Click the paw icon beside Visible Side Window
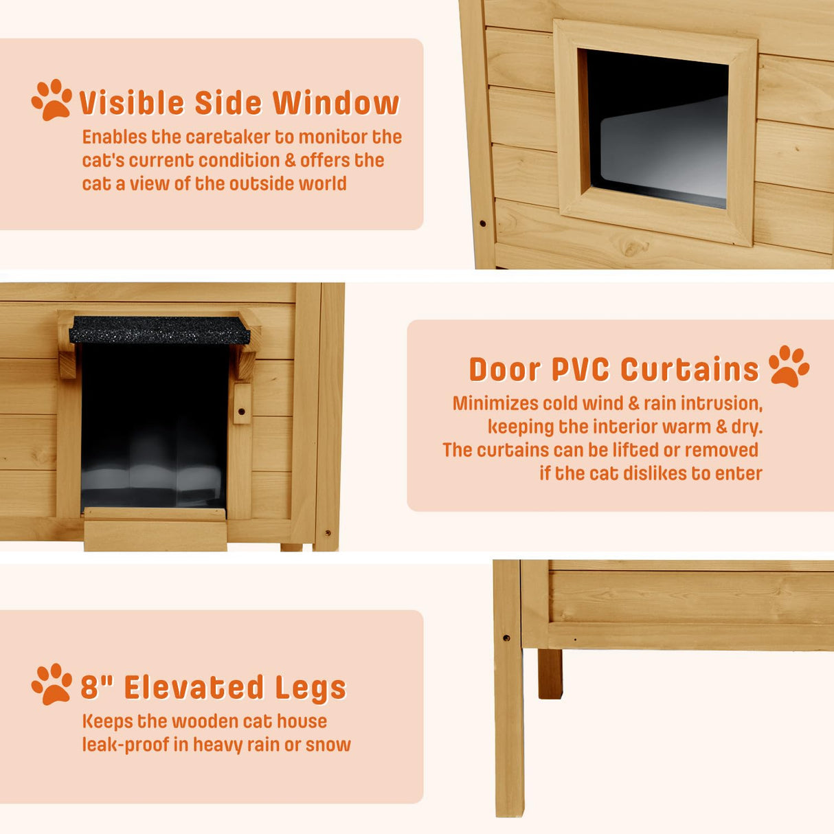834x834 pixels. pos(52,100)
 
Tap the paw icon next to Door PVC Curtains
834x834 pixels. pos(789,366)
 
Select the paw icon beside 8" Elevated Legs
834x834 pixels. pos(52,684)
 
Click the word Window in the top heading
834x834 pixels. pos(336,103)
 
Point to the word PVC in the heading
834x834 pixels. pos(580,370)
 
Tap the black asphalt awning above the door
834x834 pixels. pos(159,330)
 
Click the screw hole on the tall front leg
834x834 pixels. pos(506,638)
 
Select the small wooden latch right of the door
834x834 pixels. pos(241,404)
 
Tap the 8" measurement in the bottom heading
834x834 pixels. pos(96,687)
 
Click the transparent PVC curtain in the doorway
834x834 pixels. pos(154,440)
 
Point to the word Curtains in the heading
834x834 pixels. pos(690,370)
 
